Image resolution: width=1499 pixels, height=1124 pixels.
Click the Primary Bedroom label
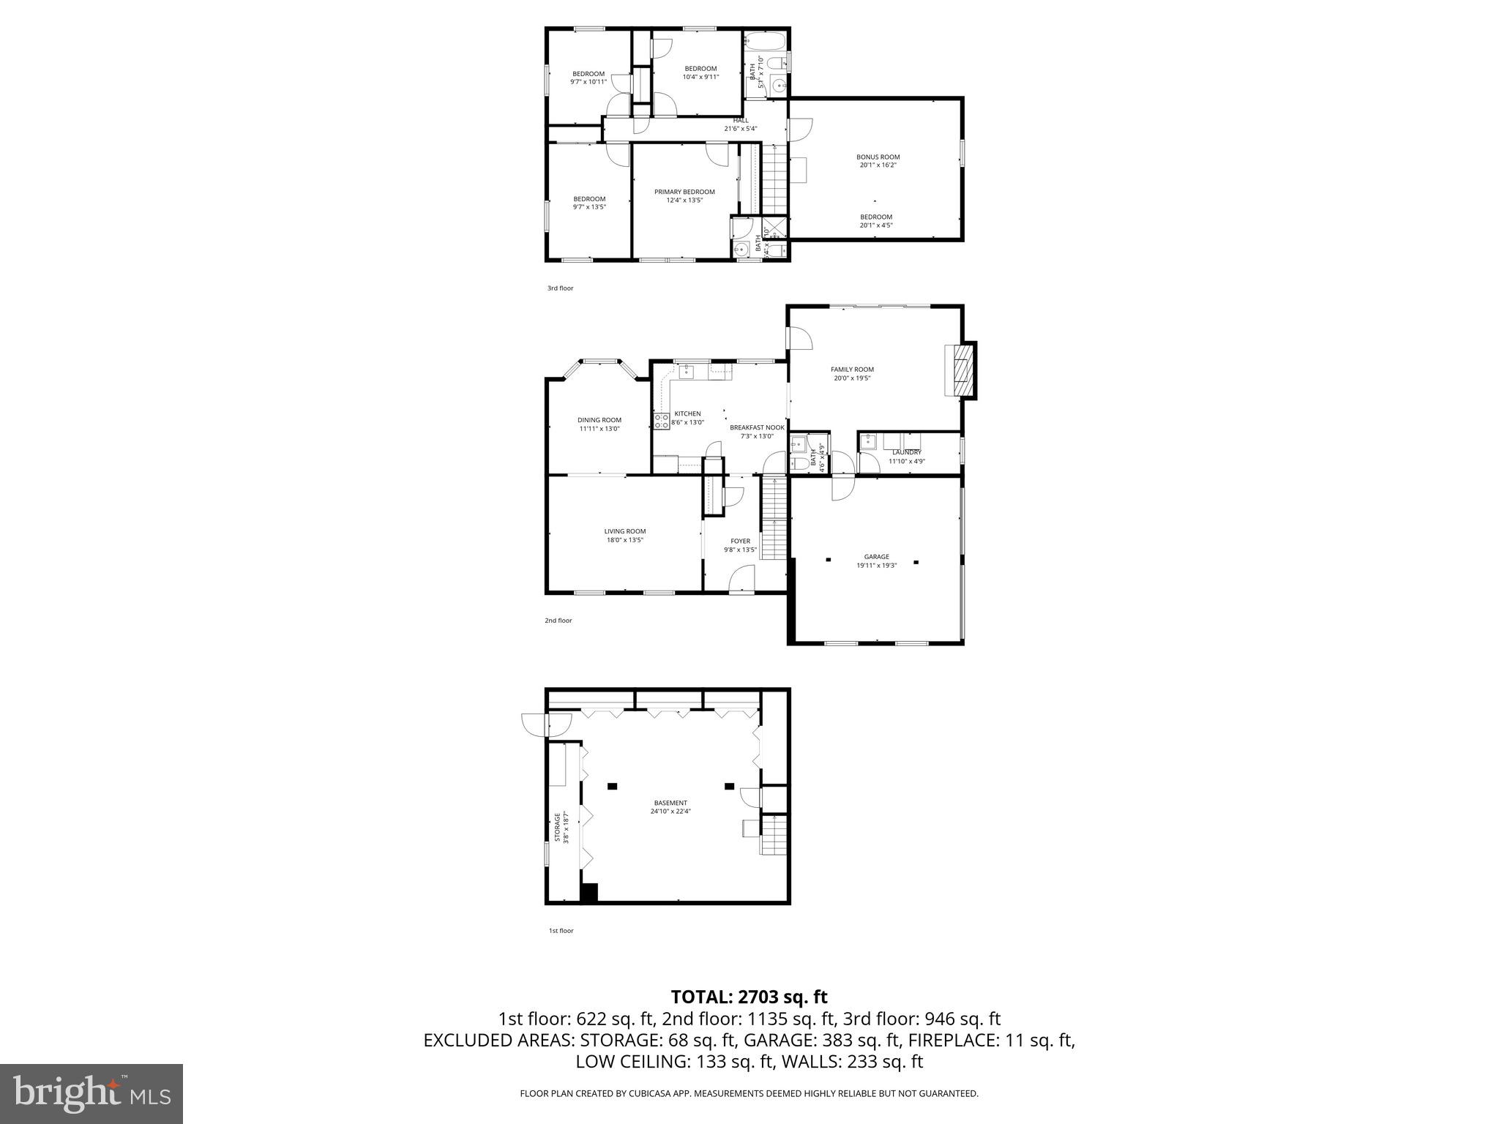click(684, 192)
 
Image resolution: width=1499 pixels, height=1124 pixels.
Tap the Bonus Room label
click(878, 157)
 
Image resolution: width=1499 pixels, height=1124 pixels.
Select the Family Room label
click(852, 370)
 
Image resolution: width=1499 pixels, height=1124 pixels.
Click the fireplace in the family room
click(962, 370)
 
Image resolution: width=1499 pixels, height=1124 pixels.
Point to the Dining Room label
click(599, 420)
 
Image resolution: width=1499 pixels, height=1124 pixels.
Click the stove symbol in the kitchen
click(662, 421)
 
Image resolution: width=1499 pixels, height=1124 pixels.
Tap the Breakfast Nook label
click(757, 427)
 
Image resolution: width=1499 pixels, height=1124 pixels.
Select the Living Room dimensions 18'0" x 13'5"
click(624, 540)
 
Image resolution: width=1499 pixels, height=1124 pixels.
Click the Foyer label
click(740, 541)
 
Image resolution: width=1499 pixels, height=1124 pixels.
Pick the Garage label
click(876, 556)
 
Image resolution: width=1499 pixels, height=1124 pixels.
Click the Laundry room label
click(907, 452)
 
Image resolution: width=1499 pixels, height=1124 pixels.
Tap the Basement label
click(670, 803)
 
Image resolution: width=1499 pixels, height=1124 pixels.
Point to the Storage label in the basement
click(557, 827)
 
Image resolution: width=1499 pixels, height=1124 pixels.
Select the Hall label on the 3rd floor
click(741, 120)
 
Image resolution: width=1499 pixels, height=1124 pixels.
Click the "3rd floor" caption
click(561, 288)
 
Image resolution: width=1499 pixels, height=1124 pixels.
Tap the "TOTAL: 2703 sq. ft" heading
click(749, 997)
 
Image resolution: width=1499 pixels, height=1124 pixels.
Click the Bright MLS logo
click(91, 1093)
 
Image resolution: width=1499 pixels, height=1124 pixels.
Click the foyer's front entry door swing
click(742, 581)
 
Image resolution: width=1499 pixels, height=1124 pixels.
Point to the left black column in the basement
click(613, 786)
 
